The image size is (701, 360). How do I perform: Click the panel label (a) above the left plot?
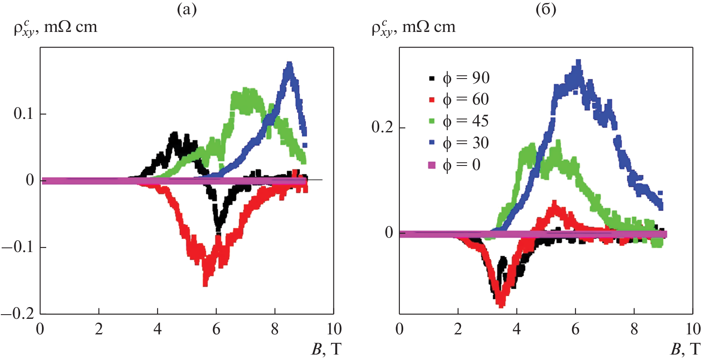pyautogui.click(x=186, y=9)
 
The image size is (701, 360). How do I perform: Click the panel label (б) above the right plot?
pyautogui.click(x=546, y=9)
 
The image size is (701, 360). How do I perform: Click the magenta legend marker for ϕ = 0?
pyautogui.click(x=432, y=165)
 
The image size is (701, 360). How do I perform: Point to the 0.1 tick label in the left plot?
pyautogui.click(x=24, y=113)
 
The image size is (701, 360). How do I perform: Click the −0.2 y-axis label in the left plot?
pyautogui.click(x=18, y=314)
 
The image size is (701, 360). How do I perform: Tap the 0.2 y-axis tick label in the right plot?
pyautogui.click(x=382, y=127)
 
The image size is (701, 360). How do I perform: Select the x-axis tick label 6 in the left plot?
pyautogui.click(x=216, y=329)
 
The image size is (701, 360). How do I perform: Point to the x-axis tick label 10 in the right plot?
pyautogui.click(x=693, y=329)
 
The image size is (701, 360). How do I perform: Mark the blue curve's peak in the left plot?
pyautogui.click(x=289, y=65)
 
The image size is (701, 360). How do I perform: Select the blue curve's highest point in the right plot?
pyautogui.click(x=578, y=63)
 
